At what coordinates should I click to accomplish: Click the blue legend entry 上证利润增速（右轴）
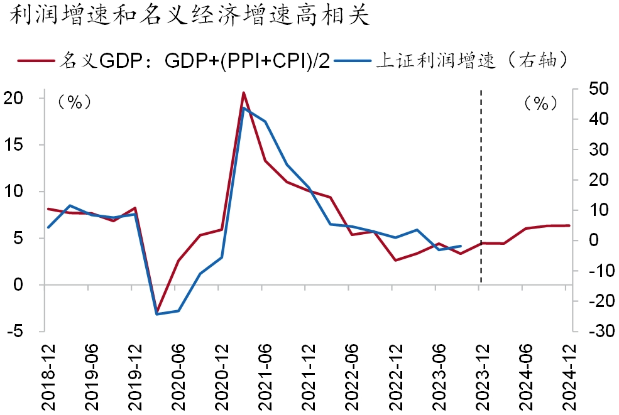[x=452, y=60]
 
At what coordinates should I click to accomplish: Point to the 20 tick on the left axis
[x=17, y=99]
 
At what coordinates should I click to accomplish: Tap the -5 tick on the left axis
[x=17, y=331]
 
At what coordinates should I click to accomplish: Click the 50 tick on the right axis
[x=594, y=89]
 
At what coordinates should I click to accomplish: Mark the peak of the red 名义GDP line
[x=243, y=92]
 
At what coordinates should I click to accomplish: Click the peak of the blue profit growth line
[x=243, y=108]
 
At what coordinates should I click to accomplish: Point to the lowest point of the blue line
[x=157, y=314]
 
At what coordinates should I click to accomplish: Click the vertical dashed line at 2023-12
[x=481, y=188]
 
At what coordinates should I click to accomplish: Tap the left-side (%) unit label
[x=74, y=102]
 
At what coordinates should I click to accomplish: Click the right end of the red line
[x=569, y=225]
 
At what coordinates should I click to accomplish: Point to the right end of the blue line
[x=461, y=246]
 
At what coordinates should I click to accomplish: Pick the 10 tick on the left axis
[x=17, y=191]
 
